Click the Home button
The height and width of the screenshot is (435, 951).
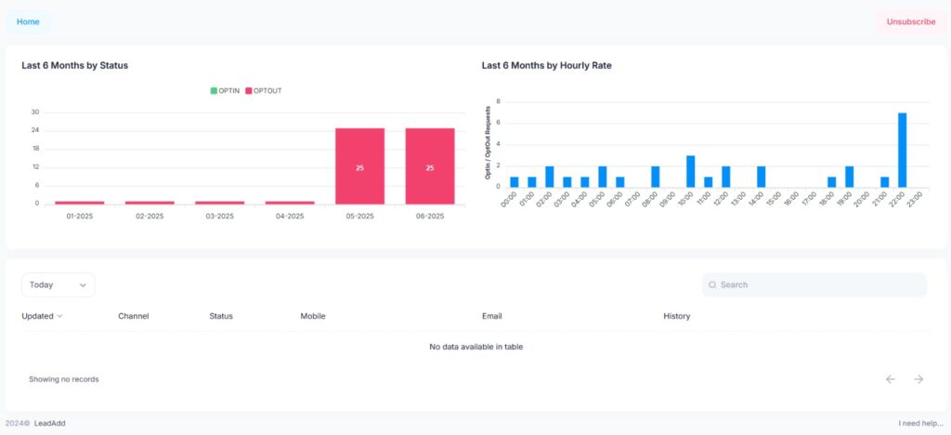point(28,21)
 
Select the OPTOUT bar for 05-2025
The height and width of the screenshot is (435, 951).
point(359,166)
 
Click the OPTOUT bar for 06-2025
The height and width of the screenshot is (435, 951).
point(430,166)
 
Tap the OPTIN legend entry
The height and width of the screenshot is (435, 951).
point(225,90)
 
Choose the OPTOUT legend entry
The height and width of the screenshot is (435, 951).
point(263,90)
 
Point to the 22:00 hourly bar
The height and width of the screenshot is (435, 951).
point(902,151)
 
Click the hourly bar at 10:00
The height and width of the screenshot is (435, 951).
point(690,172)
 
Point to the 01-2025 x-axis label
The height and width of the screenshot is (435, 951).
point(79,217)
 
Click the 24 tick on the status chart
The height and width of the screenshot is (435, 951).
point(35,131)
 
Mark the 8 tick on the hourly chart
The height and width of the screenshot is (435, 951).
point(499,101)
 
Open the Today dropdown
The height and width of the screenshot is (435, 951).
point(58,284)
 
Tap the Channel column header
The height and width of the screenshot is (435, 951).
point(133,316)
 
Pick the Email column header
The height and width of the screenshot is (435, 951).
point(491,316)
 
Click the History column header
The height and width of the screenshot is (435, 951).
point(676,316)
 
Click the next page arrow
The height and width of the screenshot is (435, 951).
point(918,379)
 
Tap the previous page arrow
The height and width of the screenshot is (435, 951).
point(890,379)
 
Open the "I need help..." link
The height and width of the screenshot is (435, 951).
point(921,423)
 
